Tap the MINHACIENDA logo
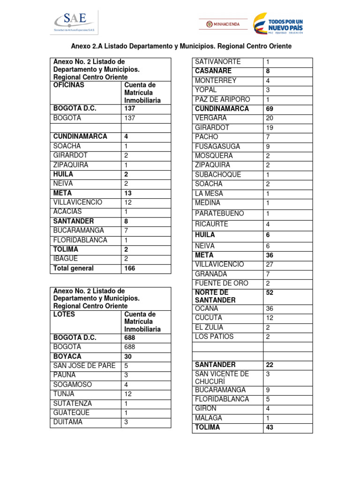[223, 24]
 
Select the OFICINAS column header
[69, 85]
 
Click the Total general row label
[74, 269]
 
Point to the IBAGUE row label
[66, 259]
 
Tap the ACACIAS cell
[67, 212]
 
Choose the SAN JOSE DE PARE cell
[84, 366]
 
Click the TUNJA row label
[64, 394]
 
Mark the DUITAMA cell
[67, 422]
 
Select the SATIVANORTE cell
[217, 62]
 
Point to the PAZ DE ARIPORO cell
[222, 99]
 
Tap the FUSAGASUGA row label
[217, 147]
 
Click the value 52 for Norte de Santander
[270, 292]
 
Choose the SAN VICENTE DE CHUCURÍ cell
[222, 377]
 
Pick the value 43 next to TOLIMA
[270, 427]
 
